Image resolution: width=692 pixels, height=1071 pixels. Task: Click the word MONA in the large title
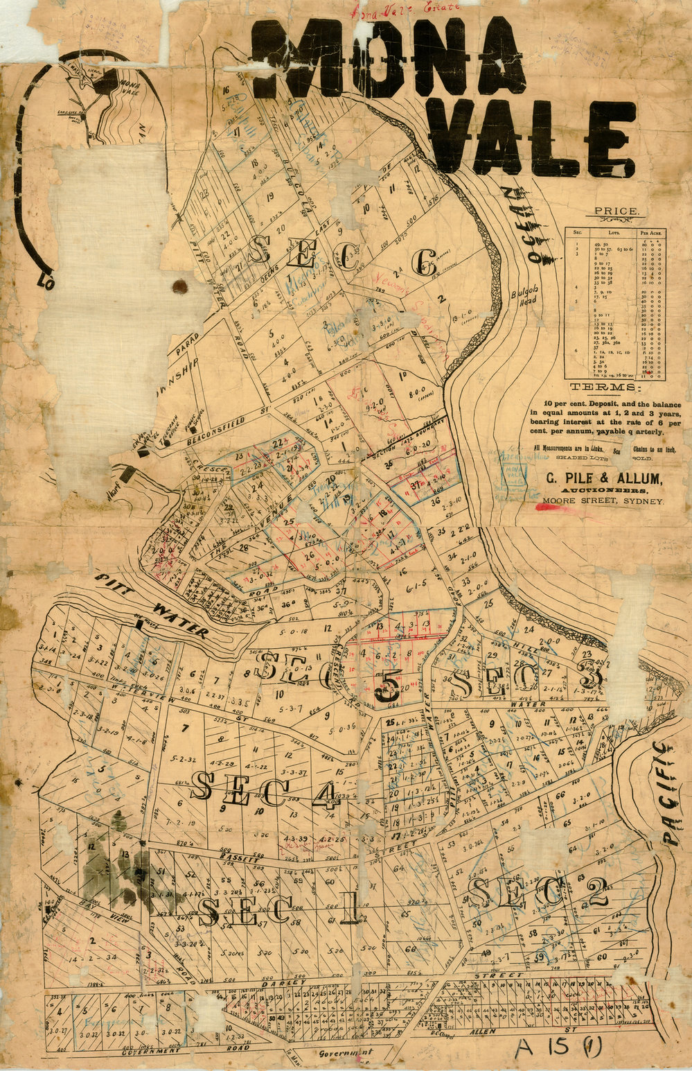click(x=388, y=59)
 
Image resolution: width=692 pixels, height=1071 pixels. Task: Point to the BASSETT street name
click(x=240, y=857)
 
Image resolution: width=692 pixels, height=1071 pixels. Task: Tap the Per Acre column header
click(x=650, y=234)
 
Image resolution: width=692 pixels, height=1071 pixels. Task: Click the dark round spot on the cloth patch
click(x=181, y=286)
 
